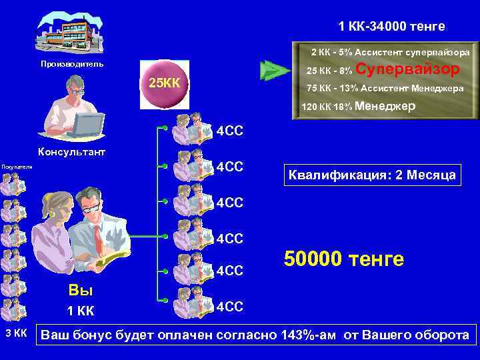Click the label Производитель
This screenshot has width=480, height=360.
point(72,64)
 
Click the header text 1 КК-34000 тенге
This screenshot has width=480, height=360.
point(391,27)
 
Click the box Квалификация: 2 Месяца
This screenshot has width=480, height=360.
point(372,175)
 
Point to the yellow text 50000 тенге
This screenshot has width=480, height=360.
point(344,259)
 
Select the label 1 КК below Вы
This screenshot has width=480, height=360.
point(81,311)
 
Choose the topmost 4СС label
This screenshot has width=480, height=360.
point(229,130)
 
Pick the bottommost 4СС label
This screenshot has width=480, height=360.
point(229,306)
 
